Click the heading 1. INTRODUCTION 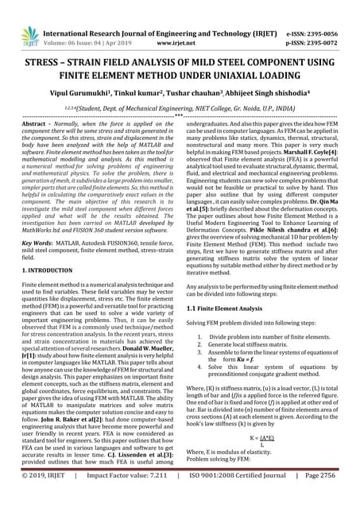pyautogui.click(x=55, y=271)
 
